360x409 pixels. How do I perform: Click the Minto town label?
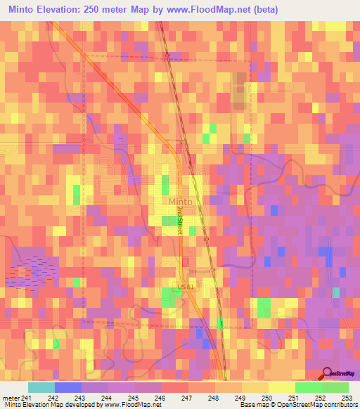[181, 202]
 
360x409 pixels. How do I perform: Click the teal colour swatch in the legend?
[41, 387]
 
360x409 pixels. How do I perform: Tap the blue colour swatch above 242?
[67, 387]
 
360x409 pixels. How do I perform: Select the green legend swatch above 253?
[335, 387]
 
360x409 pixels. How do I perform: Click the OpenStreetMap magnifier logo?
[326, 374]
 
